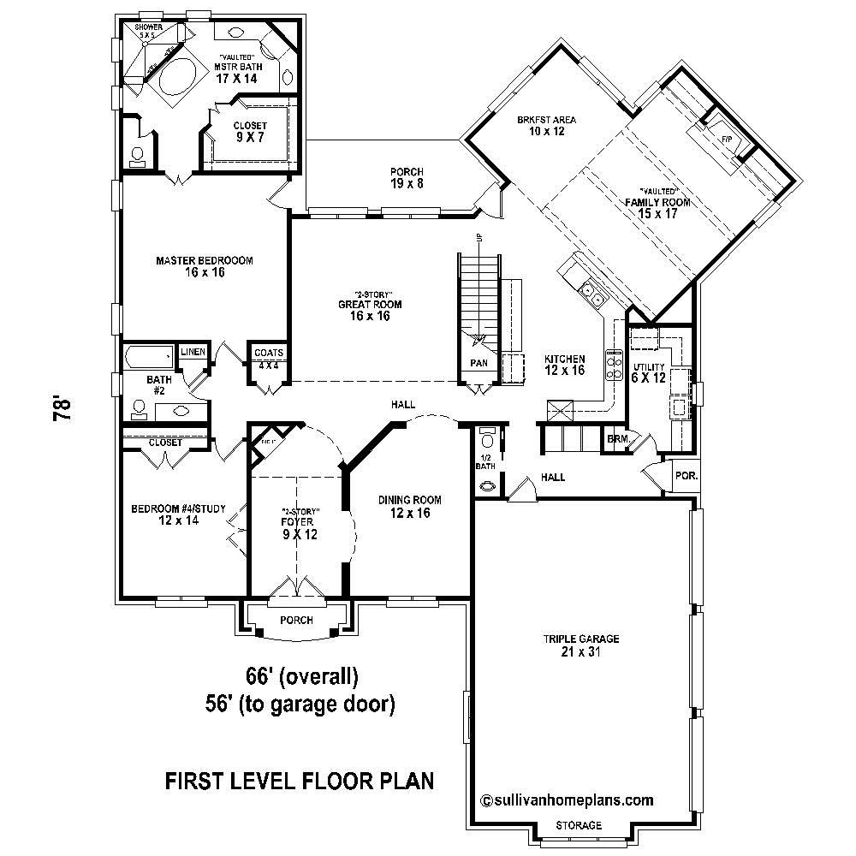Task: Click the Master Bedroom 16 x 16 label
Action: (x=204, y=266)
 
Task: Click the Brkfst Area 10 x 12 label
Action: (x=546, y=126)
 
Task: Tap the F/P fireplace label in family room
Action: (x=727, y=139)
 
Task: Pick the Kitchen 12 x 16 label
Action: (x=565, y=365)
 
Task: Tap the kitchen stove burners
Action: (x=615, y=366)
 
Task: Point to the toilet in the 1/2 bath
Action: (x=488, y=440)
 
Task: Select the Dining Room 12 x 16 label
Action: (x=410, y=507)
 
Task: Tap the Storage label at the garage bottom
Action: (x=579, y=826)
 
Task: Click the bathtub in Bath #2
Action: (x=149, y=356)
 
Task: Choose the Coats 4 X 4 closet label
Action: (x=269, y=359)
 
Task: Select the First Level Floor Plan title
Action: (x=299, y=781)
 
